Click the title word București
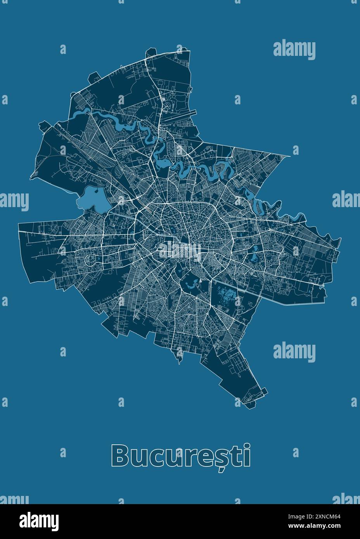[181, 456]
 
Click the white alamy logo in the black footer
[39, 520]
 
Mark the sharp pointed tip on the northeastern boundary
[289, 156]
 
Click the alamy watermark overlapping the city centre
[180, 249]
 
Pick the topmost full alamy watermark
[294, 50]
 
